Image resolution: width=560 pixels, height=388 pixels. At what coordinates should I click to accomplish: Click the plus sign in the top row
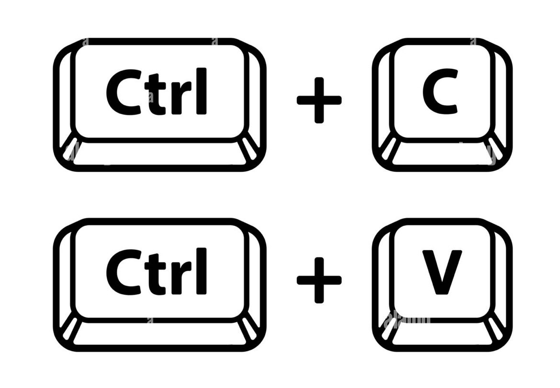pyautogui.click(x=319, y=100)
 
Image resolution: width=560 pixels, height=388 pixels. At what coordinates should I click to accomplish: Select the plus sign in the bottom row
pyautogui.click(x=319, y=280)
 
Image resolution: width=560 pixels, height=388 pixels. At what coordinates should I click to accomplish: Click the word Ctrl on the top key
pyautogui.click(x=157, y=92)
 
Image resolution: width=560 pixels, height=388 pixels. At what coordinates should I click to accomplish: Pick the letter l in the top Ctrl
pyautogui.click(x=203, y=91)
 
